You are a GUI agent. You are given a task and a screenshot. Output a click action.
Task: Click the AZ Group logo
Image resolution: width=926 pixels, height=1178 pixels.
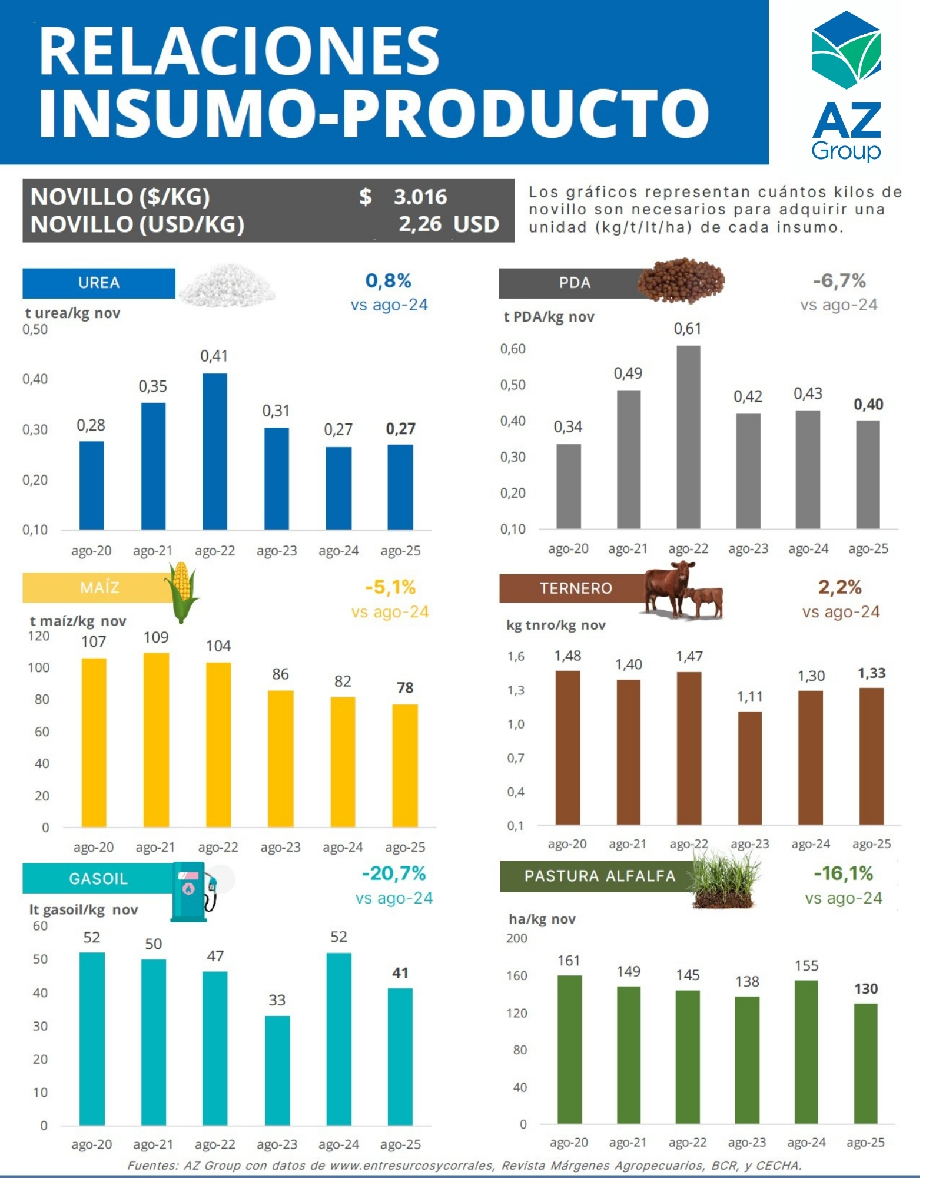(x=846, y=85)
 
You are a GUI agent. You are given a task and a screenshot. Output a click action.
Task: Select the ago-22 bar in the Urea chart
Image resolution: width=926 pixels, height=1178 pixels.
(x=215, y=451)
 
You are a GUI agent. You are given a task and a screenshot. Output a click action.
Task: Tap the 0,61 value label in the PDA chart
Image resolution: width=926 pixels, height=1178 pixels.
(x=688, y=329)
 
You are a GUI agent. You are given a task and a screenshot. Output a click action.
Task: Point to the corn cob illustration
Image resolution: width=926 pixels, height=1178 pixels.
(x=181, y=591)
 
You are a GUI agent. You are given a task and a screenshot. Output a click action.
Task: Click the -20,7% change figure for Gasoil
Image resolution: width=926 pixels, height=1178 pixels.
(x=394, y=873)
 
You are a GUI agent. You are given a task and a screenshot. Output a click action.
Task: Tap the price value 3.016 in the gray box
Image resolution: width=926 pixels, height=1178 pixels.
(x=420, y=197)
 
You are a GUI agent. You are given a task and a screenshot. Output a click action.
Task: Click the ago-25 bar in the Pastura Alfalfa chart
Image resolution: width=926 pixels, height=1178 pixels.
(x=865, y=1063)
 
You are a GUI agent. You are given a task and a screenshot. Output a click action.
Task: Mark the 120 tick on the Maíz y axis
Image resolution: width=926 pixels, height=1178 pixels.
(x=39, y=636)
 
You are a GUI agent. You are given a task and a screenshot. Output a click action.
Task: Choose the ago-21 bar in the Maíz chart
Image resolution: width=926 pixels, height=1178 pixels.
(x=156, y=739)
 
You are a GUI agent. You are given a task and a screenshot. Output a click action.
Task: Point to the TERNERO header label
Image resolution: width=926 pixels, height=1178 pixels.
(x=576, y=588)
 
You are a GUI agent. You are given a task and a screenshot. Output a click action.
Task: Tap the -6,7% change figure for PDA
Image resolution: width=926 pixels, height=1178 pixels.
(x=839, y=281)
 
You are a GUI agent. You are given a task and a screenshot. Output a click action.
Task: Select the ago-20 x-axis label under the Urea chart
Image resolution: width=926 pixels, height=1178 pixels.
(x=91, y=551)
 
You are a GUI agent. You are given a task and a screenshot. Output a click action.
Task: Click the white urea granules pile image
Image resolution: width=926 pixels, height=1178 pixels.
(x=227, y=285)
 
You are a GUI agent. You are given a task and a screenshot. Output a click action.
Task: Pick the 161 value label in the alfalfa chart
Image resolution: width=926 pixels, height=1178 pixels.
(x=569, y=961)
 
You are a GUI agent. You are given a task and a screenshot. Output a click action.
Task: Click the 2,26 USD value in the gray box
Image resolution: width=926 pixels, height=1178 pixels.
(x=449, y=224)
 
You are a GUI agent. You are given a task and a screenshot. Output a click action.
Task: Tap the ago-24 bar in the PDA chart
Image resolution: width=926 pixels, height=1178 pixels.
(x=808, y=469)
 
